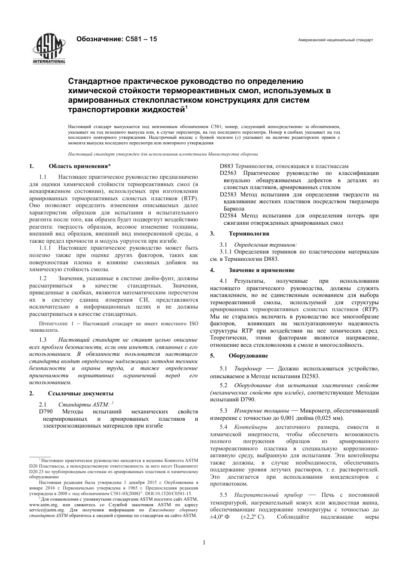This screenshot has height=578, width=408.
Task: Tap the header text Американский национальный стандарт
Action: click(335, 40)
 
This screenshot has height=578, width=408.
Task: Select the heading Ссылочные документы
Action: click(81, 393)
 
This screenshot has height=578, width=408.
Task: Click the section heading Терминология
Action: click(249, 234)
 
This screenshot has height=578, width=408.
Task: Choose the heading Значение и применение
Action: click(262, 270)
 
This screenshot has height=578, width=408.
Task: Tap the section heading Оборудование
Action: click(248, 356)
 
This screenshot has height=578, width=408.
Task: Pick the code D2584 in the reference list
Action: click(228, 216)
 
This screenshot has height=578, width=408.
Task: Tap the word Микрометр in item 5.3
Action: click(315, 411)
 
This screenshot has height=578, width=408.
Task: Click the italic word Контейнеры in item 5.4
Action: click(251, 427)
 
